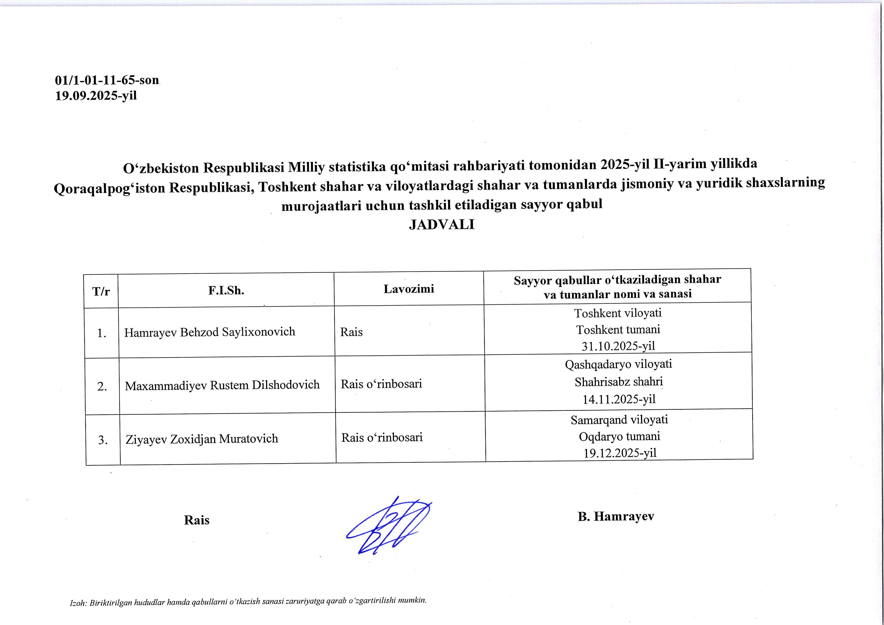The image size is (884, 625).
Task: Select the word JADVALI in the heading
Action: click(x=441, y=225)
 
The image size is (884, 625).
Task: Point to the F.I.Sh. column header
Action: click(x=226, y=290)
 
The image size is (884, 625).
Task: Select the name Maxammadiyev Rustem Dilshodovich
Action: click(x=222, y=385)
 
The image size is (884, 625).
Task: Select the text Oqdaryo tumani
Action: click(x=619, y=436)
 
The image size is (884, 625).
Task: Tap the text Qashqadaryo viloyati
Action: click(x=618, y=364)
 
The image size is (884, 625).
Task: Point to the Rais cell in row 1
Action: click(x=352, y=332)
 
